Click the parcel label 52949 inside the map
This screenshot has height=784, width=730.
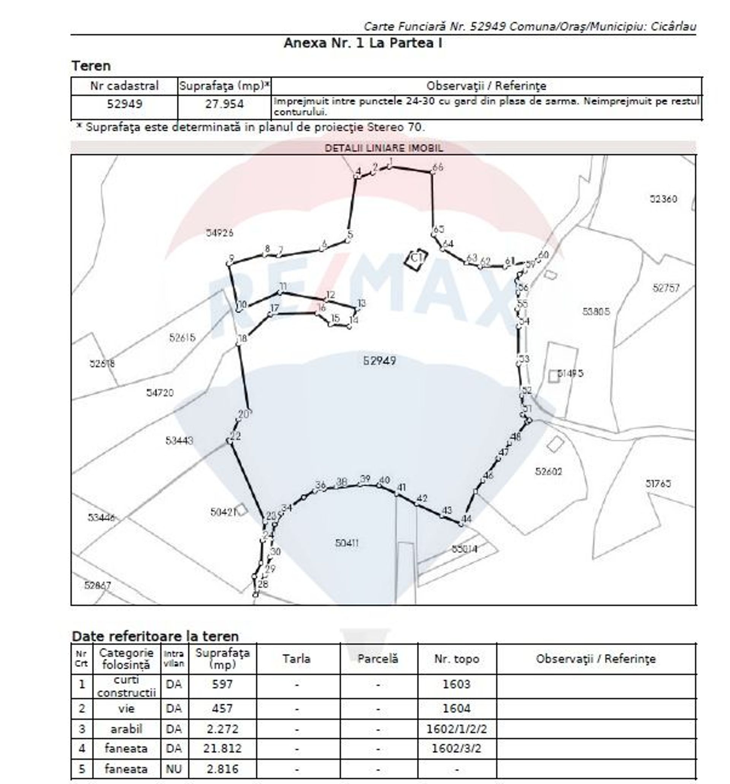pyautogui.click(x=379, y=360)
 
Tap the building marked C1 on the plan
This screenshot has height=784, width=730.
pyautogui.click(x=416, y=259)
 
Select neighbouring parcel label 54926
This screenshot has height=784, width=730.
pyautogui.click(x=219, y=232)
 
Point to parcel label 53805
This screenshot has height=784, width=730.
pyautogui.click(x=595, y=311)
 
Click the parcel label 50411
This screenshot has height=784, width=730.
pyautogui.click(x=346, y=543)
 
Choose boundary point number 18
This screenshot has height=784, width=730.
pyautogui.click(x=238, y=343)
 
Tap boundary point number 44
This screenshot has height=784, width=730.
pyautogui.click(x=461, y=524)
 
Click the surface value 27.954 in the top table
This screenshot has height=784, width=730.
pyautogui.click(x=224, y=104)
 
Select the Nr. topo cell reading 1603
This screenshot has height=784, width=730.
pyautogui.click(x=456, y=683)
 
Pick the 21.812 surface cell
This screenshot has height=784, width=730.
pyautogui.click(x=222, y=748)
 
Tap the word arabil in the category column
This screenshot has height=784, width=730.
pyautogui.click(x=126, y=729)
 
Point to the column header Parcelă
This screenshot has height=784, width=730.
pyautogui.click(x=378, y=659)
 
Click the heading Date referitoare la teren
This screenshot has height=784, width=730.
pyautogui.click(x=155, y=636)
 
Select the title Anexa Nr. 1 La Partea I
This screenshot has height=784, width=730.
pyautogui.click(x=362, y=43)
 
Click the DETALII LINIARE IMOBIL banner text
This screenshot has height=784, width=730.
pyautogui.click(x=383, y=148)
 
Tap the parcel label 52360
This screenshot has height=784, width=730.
pyautogui.click(x=663, y=199)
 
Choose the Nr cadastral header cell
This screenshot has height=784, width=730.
pyautogui.click(x=124, y=85)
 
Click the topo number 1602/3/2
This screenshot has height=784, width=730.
pyautogui.click(x=456, y=748)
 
